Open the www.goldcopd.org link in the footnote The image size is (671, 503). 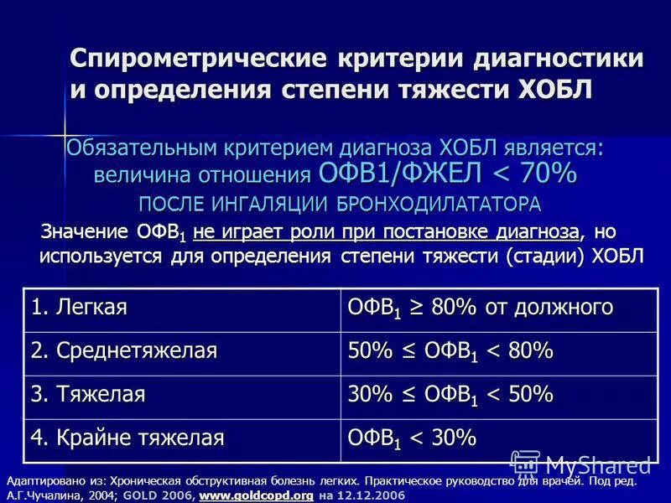click(x=257, y=495)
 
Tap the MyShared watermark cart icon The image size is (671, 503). click(x=525, y=464)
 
